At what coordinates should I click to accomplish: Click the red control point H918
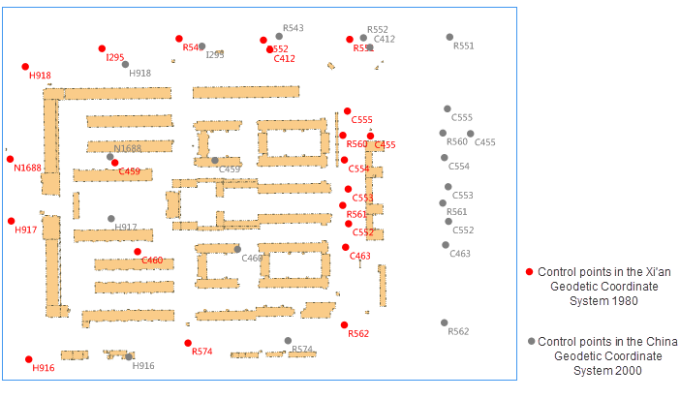point(25,67)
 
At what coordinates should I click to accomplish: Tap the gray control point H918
point(125,64)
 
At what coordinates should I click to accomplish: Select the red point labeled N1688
point(10,159)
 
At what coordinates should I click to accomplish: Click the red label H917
point(25,230)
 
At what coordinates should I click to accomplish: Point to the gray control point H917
point(111,219)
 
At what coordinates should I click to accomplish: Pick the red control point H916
point(29,359)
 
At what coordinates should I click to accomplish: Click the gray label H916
point(142,366)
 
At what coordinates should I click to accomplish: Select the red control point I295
point(102,48)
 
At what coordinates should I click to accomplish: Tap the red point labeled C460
point(138,252)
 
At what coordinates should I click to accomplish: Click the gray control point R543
point(279,37)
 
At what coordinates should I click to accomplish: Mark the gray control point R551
point(449,37)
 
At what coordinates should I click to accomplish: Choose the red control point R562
point(344,325)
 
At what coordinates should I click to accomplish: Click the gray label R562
point(458,332)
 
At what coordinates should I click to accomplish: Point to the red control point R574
point(188,343)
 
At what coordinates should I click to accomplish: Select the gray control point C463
point(446,245)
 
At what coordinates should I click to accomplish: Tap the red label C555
point(361,120)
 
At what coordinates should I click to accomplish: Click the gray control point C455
point(471,134)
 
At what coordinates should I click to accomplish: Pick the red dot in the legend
point(529,272)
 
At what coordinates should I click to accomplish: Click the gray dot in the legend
point(531,342)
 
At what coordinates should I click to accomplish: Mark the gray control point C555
point(448,108)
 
